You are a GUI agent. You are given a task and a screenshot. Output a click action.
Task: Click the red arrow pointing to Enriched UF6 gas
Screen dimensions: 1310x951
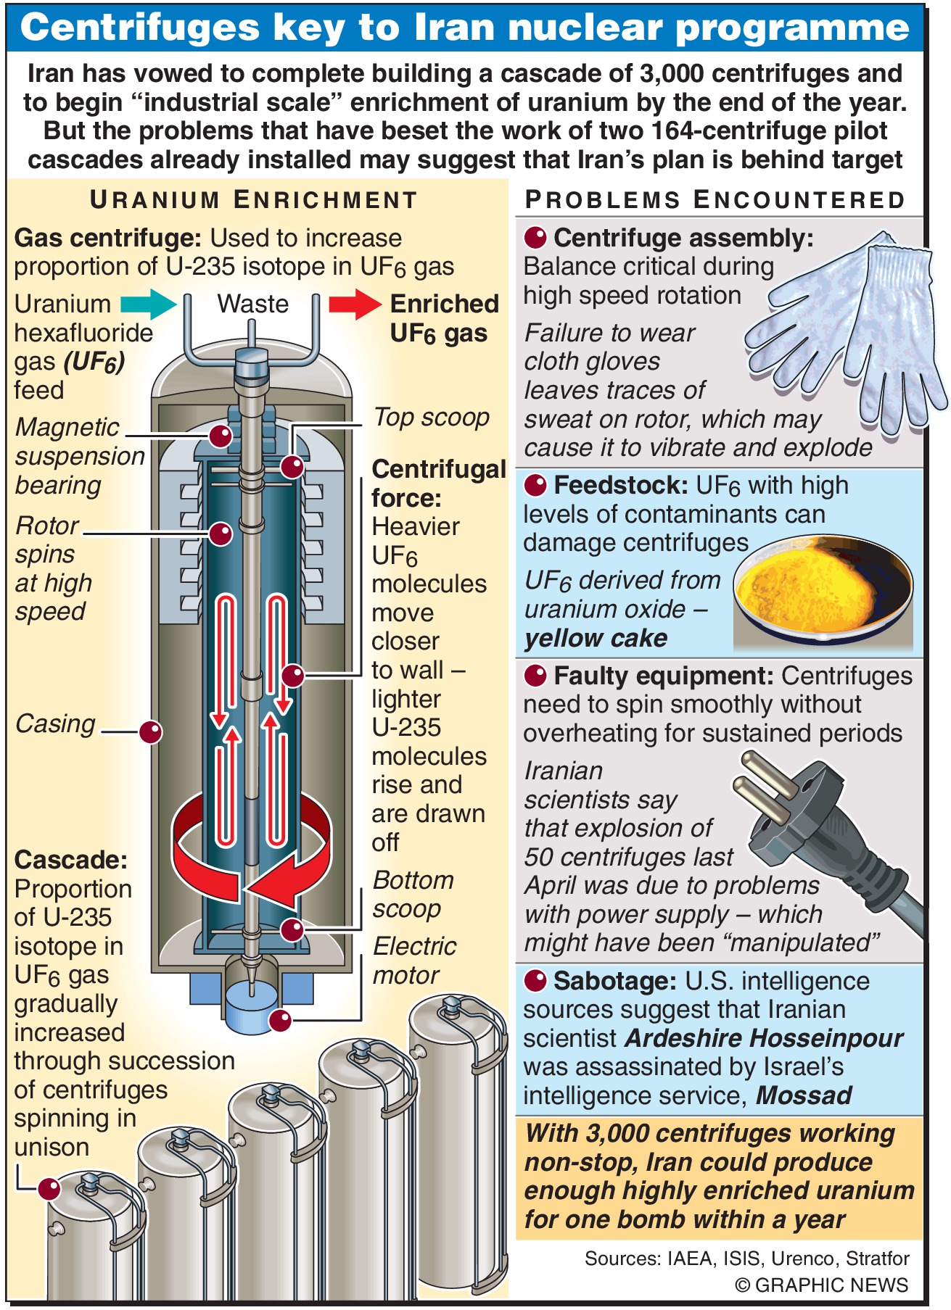[355, 304]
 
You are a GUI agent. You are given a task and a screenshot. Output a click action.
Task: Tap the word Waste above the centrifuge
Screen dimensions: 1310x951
[252, 304]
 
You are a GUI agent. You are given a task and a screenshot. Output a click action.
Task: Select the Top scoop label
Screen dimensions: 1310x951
[432, 418]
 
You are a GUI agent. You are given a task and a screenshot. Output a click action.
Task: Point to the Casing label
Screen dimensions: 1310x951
[56, 724]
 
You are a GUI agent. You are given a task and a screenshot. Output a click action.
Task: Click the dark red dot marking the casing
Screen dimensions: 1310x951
[150, 731]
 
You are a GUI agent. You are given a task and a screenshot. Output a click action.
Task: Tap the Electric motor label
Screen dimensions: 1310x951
[414, 961]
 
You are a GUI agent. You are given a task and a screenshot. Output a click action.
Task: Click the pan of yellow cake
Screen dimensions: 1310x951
[822, 591]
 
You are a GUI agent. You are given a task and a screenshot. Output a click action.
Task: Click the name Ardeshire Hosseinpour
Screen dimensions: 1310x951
[764, 1038]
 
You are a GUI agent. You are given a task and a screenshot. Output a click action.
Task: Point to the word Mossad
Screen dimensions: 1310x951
[804, 1095]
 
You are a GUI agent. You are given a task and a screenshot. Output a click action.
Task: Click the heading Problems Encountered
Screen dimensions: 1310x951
[715, 200]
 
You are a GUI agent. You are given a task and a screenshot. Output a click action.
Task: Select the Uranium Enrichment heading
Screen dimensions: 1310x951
[253, 200]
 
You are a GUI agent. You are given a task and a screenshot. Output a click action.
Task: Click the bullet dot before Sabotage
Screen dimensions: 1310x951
[535, 981]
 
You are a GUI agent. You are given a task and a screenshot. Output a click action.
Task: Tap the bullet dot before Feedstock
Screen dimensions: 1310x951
[535, 485]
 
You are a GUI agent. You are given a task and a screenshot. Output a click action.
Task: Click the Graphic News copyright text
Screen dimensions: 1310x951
[821, 1285]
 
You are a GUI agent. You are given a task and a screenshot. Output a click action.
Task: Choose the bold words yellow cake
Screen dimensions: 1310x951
[596, 638]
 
